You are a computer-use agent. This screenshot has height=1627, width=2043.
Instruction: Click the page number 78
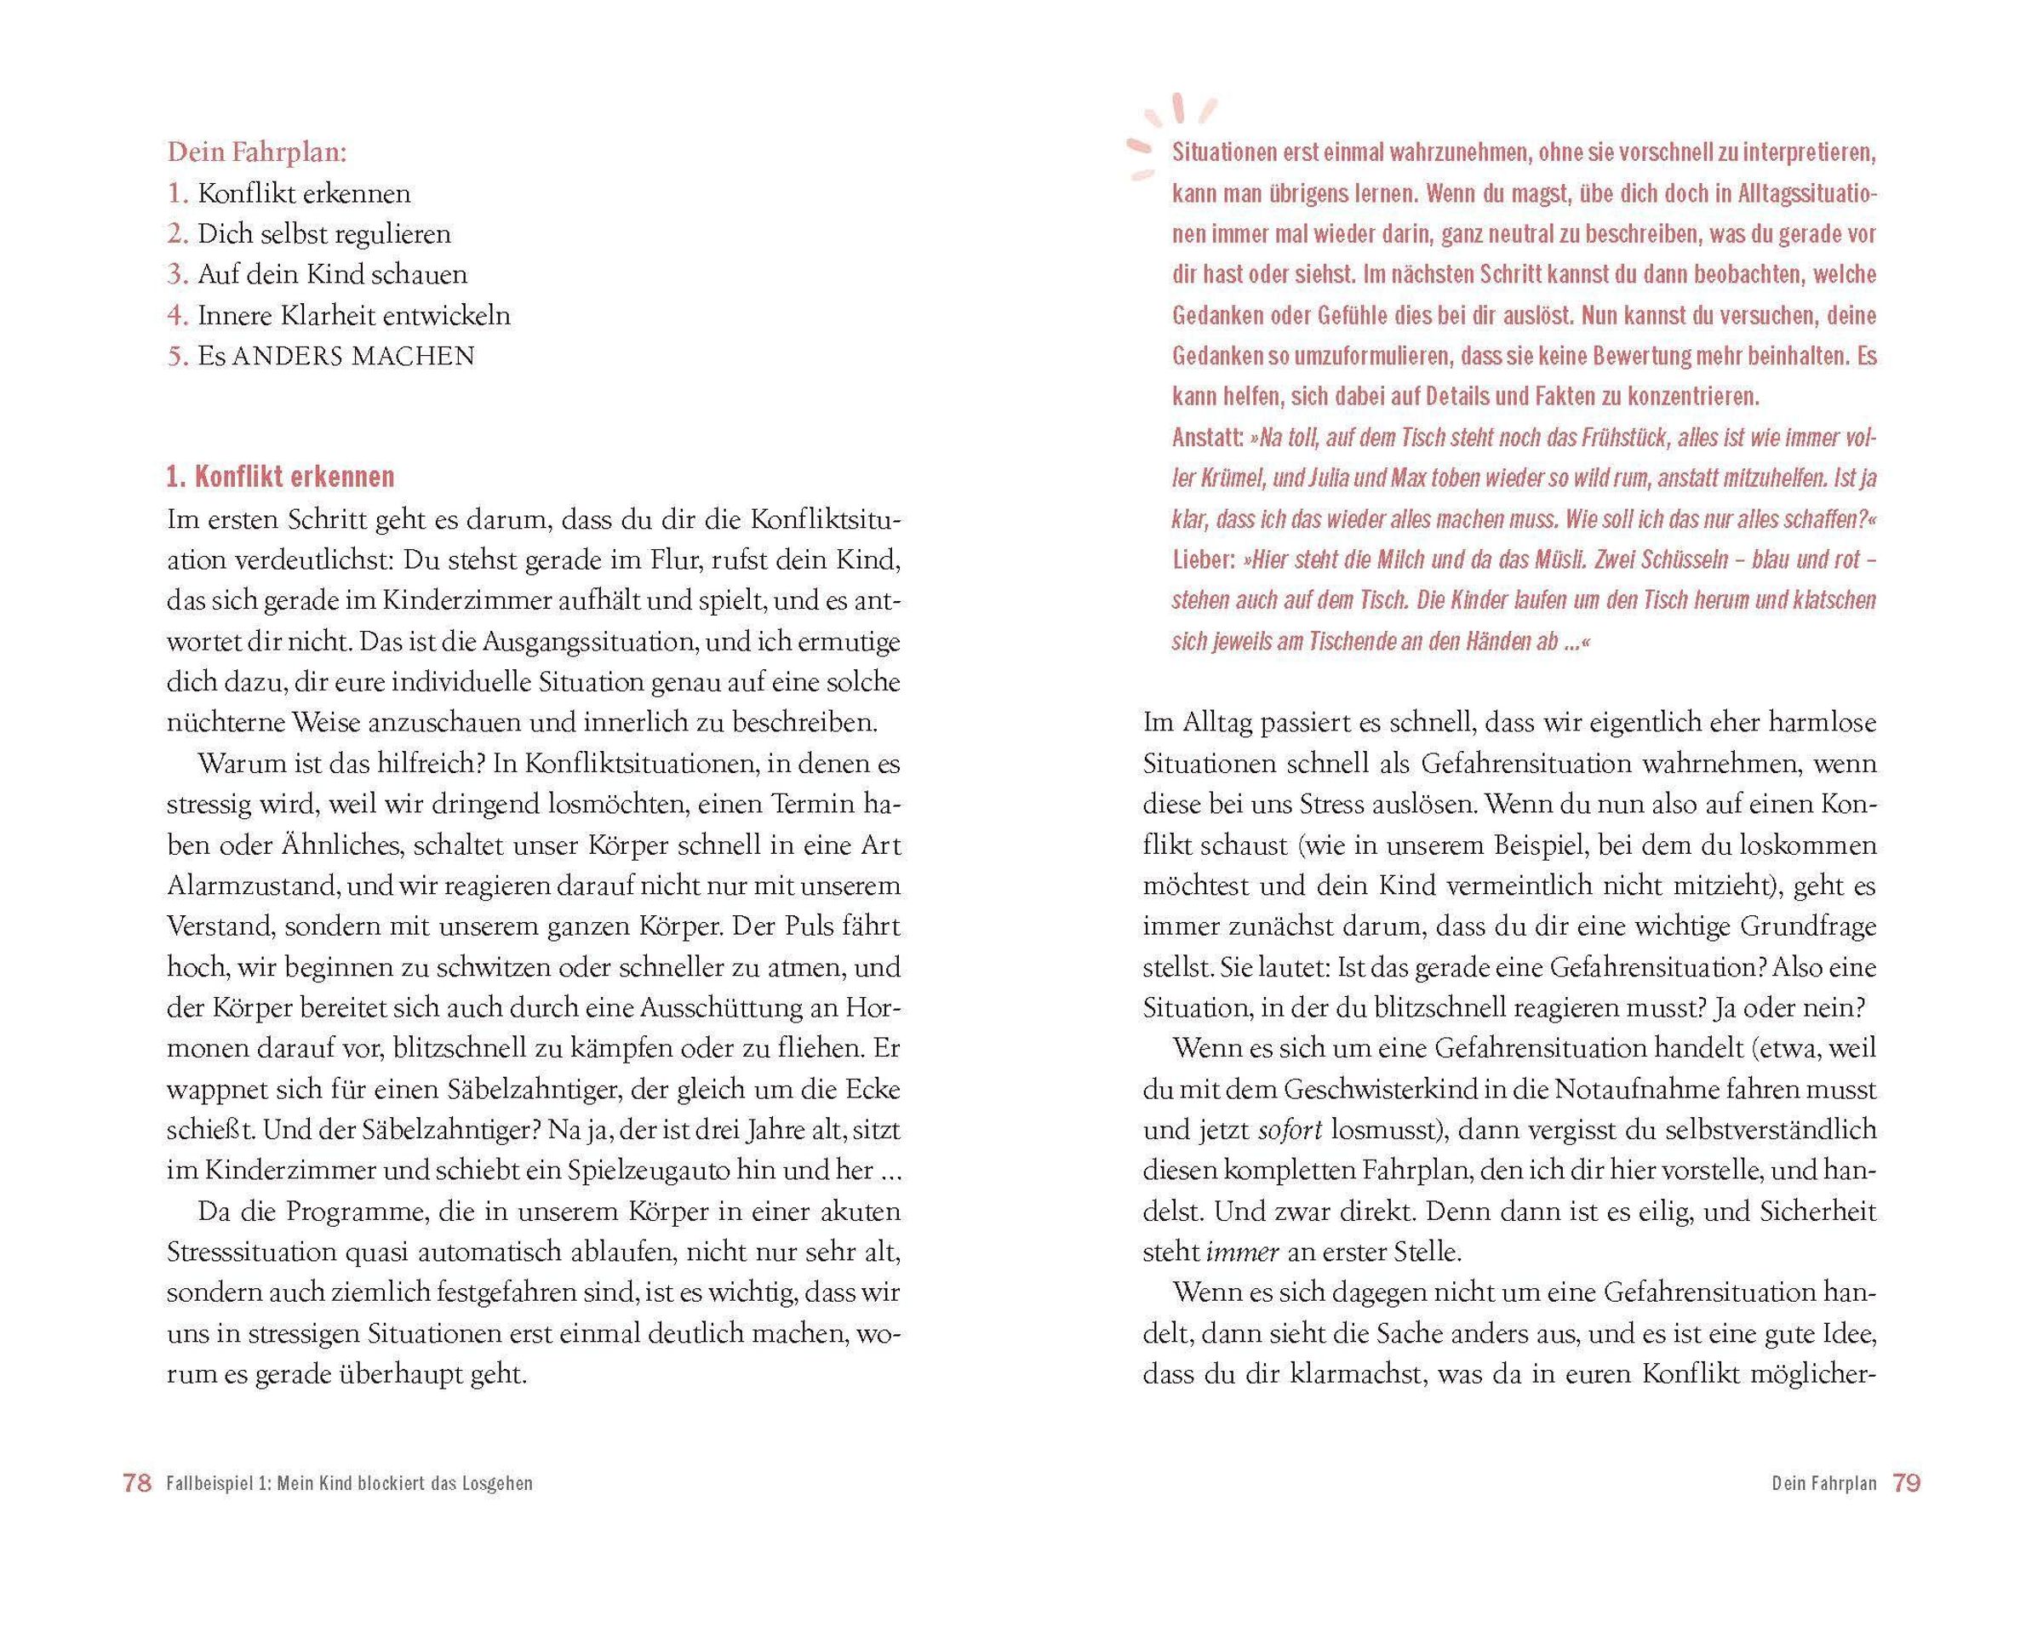pyautogui.click(x=137, y=1483)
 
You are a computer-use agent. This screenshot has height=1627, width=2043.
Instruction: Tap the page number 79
pyautogui.click(x=1906, y=1483)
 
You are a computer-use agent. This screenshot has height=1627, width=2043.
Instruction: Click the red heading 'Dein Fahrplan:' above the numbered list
pyautogui.click(x=257, y=152)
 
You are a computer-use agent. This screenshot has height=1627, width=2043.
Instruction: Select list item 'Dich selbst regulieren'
pyautogui.click(x=324, y=234)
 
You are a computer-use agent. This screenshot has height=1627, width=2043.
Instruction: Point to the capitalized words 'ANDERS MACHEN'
pyautogui.click(x=353, y=356)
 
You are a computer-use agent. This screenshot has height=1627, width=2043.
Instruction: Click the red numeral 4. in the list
pyautogui.click(x=178, y=316)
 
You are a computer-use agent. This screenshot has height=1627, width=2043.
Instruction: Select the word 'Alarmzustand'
pyautogui.click(x=253, y=886)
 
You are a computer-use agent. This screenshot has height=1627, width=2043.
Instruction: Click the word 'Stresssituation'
pyautogui.click(x=252, y=1252)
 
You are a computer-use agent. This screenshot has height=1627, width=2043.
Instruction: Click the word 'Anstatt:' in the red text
pyautogui.click(x=1207, y=438)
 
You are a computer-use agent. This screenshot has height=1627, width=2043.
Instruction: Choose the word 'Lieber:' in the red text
pyautogui.click(x=1204, y=560)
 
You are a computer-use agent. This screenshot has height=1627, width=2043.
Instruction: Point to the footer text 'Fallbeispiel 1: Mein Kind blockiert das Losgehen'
pyautogui.click(x=349, y=1484)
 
